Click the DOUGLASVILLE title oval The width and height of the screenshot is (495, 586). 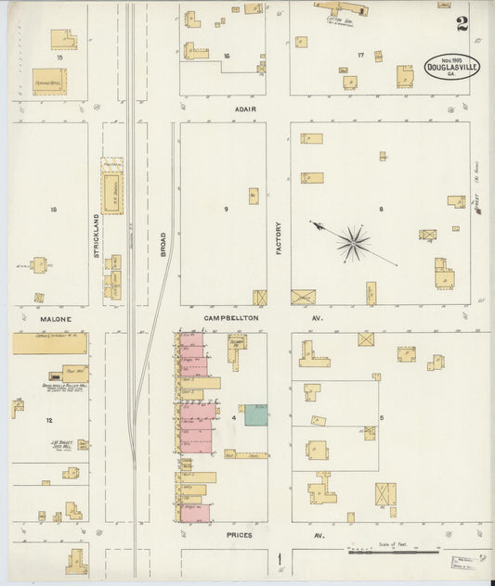pyautogui.click(x=452, y=67)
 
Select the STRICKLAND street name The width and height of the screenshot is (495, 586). pyautogui.click(x=95, y=236)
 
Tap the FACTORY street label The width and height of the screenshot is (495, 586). pyautogui.click(x=278, y=237)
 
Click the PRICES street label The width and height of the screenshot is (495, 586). pyautogui.click(x=239, y=536)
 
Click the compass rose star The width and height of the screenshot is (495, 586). pyautogui.click(x=353, y=243)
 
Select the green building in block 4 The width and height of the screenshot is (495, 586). pyautogui.click(x=255, y=414)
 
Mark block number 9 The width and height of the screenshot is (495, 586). pyautogui.click(x=226, y=210)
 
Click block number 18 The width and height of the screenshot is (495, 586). pyautogui.click(x=53, y=210)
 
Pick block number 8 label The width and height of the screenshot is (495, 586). pyautogui.click(x=381, y=210)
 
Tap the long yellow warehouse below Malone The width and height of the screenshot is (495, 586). pyautogui.click(x=49, y=344)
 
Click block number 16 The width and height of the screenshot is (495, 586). pyautogui.click(x=226, y=57)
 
